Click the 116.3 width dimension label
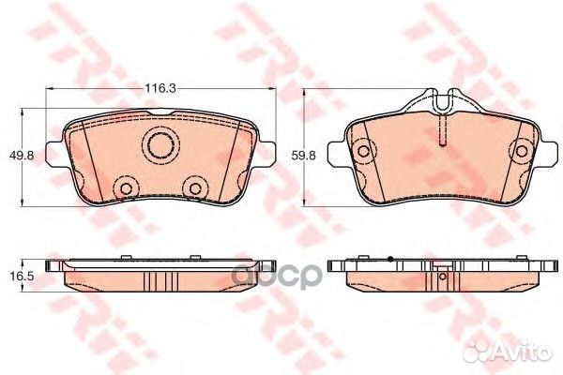tap(159, 89)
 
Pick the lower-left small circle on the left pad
tap(123, 188)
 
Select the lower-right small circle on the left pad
tap(195, 188)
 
